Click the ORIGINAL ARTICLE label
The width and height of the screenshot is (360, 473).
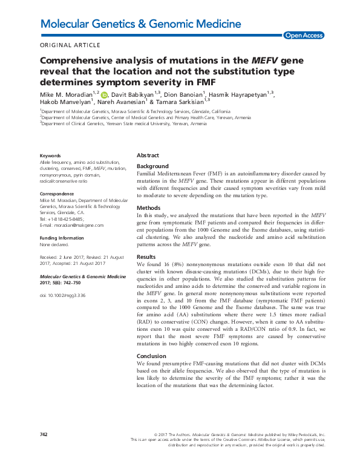(70, 45)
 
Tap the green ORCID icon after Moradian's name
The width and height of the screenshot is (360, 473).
(103, 95)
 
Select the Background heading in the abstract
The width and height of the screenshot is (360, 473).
(152, 166)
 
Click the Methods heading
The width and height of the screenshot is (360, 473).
(148, 207)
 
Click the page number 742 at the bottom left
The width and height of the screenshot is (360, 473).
(44, 434)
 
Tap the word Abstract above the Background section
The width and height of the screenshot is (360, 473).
(148, 155)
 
